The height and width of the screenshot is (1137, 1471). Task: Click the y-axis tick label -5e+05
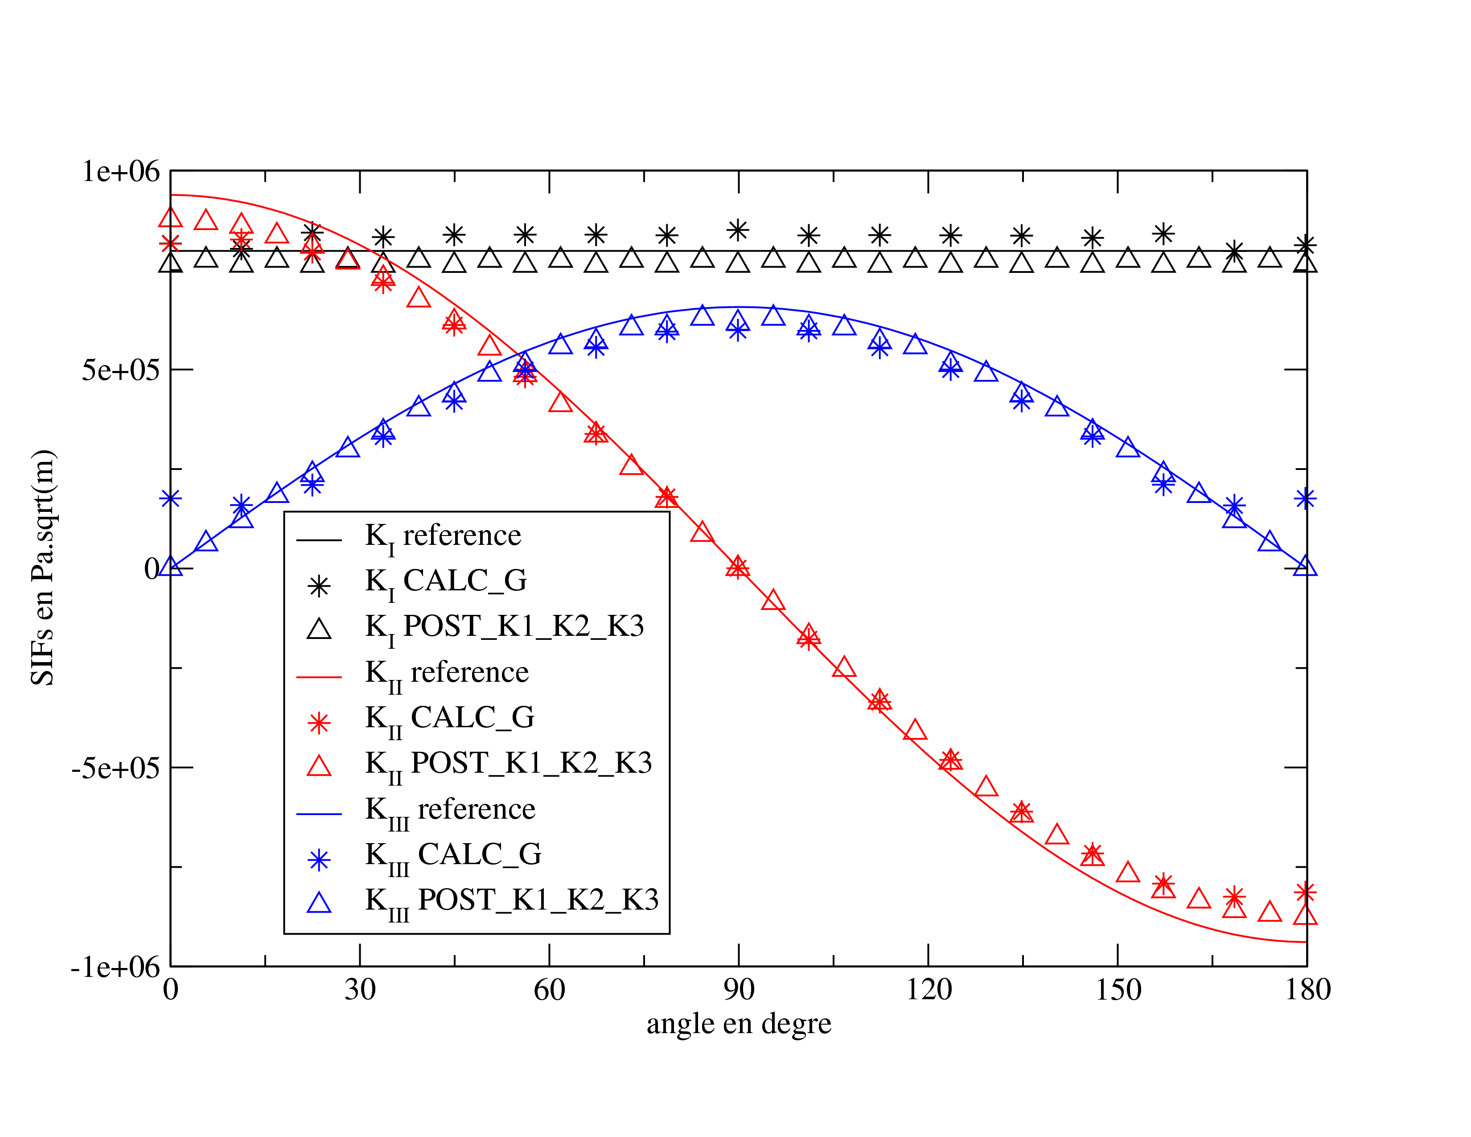click(116, 768)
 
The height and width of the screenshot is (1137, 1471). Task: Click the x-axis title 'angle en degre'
click(739, 1024)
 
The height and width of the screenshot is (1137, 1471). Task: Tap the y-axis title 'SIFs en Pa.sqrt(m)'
click(43, 567)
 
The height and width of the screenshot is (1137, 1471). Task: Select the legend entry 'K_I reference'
click(443, 537)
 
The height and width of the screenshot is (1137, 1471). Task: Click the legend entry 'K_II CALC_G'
click(449, 719)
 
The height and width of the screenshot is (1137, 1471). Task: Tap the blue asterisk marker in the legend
click(319, 860)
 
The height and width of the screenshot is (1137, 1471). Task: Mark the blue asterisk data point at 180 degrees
click(1305, 498)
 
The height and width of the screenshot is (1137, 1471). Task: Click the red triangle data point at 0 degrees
click(170, 217)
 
